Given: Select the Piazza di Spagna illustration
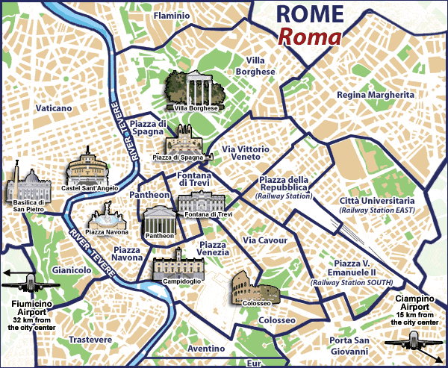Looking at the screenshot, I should pyautogui.click(x=183, y=141).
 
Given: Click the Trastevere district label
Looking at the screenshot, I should pyautogui.click(x=90, y=340).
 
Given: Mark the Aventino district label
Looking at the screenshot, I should pyautogui.click(x=206, y=349).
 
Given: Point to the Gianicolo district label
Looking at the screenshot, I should pyautogui.click(x=72, y=269).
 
